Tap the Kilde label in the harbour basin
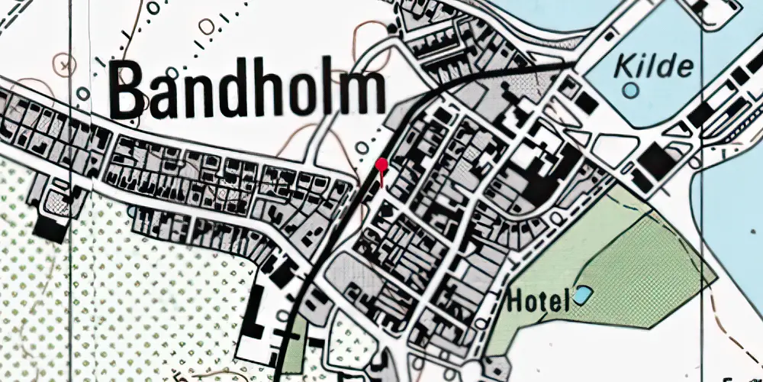(x=656, y=66)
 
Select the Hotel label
(x=538, y=301)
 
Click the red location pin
(x=382, y=166)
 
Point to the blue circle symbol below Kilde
(x=630, y=90)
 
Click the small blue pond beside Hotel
(x=583, y=293)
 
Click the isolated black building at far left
(x=50, y=228)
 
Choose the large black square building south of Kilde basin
(x=652, y=160)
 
